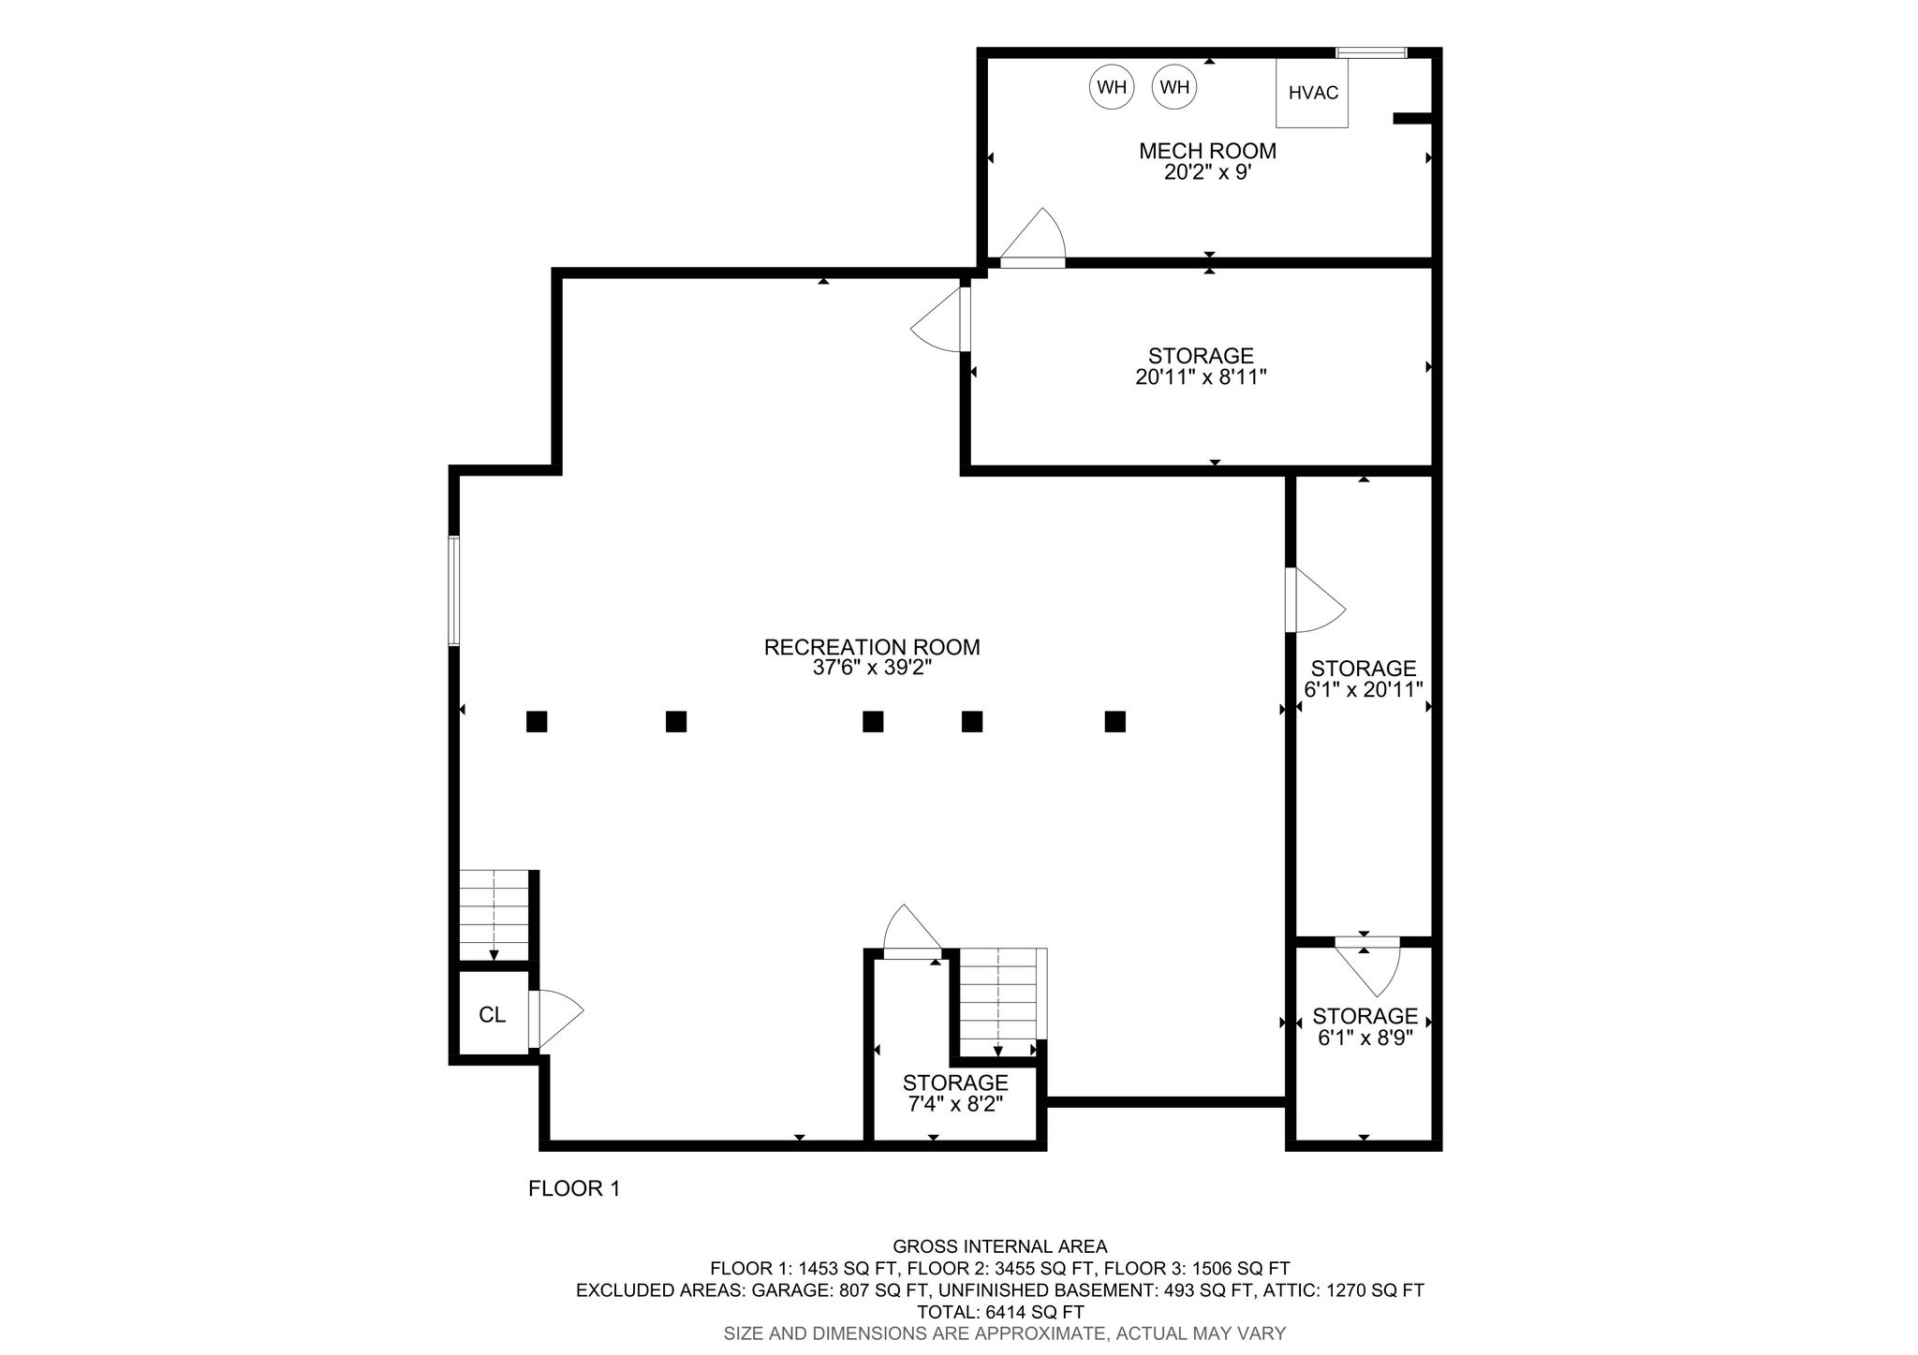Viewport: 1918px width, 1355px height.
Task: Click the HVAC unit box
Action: tap(1312, 93)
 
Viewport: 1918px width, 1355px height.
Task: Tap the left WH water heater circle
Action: tap(1112, 87)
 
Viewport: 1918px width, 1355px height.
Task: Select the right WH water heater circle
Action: tap(1174, 87)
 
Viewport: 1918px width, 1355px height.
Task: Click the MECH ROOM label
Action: tap(1207, 151)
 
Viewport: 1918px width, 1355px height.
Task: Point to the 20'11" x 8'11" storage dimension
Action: tap(1201, 377)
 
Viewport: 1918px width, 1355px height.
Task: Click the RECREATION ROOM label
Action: tap(872, 647)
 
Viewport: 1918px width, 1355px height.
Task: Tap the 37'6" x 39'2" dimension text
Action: tap(872, 669)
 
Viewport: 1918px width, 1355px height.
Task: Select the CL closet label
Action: tap(493, 1015)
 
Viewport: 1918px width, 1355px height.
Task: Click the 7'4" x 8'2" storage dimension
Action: tap(955, 1104)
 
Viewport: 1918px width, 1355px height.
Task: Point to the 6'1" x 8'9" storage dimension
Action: tap(1365, 1038)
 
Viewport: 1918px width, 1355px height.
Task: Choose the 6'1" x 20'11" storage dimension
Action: tap(1364, 690)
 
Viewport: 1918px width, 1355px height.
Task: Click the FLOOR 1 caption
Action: tap(574, 1189)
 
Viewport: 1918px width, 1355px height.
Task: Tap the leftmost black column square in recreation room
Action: tap(537, 721)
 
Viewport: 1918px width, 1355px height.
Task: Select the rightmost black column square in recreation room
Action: tap(1114, 721)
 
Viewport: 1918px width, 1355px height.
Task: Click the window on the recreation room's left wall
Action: tap(454, 591)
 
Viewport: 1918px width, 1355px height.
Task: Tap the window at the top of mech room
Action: tap(1371, 52)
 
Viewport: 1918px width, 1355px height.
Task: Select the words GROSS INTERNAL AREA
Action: tap(999, 1246)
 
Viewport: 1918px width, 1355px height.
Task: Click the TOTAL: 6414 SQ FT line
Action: tap(1000, 1312)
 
